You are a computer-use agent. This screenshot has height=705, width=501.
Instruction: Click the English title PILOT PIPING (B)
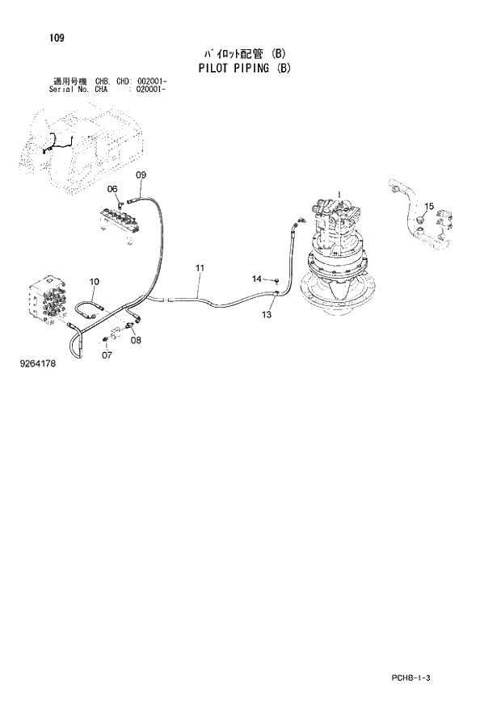[244, 68]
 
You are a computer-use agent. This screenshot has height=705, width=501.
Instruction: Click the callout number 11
[200, 267]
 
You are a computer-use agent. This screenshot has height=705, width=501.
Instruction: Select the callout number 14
[256, 279]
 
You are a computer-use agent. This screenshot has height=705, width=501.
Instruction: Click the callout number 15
[429, 207]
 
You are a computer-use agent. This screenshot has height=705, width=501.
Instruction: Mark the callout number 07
[107, 355]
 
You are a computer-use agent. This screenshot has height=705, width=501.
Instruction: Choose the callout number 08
[136, 340]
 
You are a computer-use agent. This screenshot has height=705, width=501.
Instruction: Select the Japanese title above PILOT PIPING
[244, 54]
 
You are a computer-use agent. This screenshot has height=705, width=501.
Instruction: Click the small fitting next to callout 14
[276, 280]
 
